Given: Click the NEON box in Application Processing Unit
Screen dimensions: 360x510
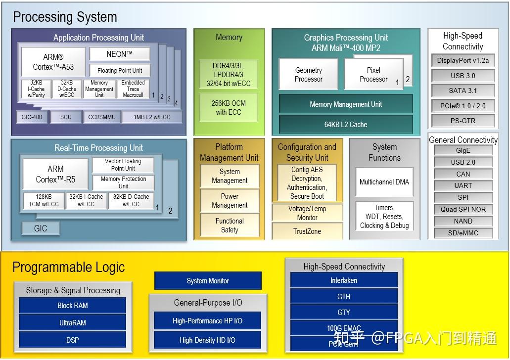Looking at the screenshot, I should click(120, 54).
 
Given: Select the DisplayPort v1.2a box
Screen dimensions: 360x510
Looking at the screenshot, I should click(463, 61).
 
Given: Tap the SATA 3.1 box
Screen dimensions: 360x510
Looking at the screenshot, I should click(463, 90).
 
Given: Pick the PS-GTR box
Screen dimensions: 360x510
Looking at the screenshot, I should click(463, 120).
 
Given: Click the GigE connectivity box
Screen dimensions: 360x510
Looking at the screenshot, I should click(463, 150).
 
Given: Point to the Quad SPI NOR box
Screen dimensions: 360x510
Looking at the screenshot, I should click(463, 209).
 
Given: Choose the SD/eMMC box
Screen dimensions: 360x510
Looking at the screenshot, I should click(463, 233).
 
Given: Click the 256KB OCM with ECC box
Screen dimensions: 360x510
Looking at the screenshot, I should click(229, 108).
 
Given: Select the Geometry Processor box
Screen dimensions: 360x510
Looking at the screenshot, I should click(309, 75).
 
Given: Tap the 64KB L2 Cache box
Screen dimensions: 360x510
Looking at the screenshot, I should click(346, 125).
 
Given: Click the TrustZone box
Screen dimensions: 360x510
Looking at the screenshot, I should click(307, 231).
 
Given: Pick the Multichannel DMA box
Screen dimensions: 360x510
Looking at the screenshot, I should click(384, 182).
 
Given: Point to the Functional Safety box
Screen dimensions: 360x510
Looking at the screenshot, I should click(230, 225).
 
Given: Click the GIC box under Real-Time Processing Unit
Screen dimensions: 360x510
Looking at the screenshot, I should click(41, 228).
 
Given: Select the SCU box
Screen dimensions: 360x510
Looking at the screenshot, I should click(66, 117).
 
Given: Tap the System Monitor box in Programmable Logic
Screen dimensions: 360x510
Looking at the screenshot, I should click(208, 281).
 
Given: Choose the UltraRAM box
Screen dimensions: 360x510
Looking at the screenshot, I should click(73, 323).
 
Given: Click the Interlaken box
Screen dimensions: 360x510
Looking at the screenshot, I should click(344, 280).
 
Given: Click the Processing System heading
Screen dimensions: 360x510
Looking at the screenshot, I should click(65, 17).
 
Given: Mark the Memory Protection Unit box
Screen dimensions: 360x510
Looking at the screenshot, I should click(123, 182).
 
